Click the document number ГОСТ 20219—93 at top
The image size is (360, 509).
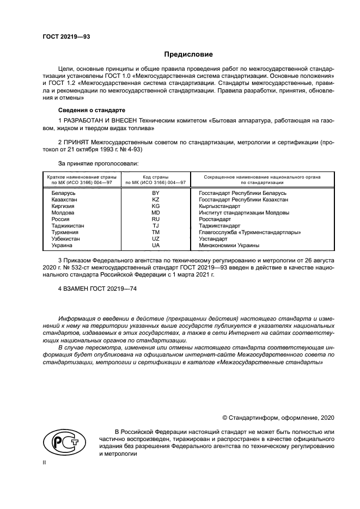click(66, 37)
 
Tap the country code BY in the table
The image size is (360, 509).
click(156, 193)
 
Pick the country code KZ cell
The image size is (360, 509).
click(156, 200)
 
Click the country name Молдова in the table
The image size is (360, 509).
click(64, 213)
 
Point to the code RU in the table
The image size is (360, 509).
click(156, 219)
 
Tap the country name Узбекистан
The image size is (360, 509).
click(68, 239)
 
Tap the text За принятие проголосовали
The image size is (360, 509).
click(98, 163)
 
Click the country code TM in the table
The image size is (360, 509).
click(156, 232)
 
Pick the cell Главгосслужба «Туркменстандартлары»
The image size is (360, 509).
click(250, 232)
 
